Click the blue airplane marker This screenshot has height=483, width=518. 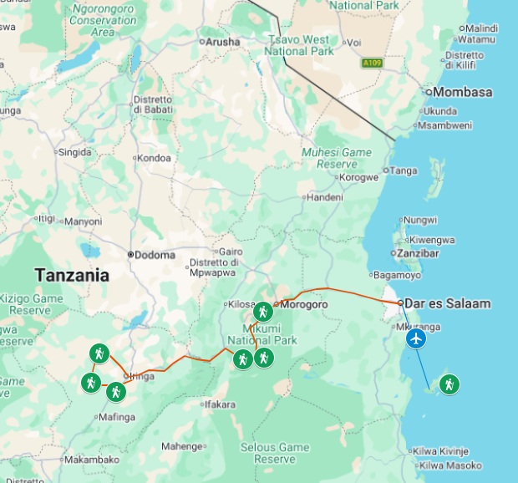click(416, 338)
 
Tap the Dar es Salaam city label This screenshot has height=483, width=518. click(448, 303)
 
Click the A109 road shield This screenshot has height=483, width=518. click(373, 63)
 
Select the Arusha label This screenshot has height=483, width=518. click(222, 41)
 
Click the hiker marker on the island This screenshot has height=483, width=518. click(449, 384)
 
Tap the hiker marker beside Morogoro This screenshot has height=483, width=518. click(262, 312)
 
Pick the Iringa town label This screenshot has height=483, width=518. click(140, 377)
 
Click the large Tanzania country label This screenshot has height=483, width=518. click(72, 275)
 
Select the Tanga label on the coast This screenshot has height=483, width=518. click(404, 170)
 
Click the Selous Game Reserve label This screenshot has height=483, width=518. click(269, 453)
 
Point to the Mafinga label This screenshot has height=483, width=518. click(117, 417)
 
